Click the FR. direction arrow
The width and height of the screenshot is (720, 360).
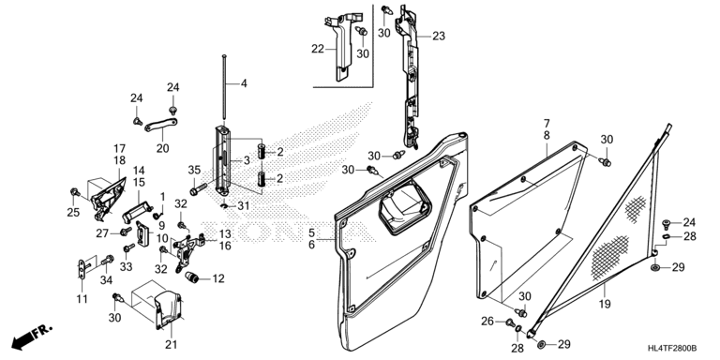(31, 337)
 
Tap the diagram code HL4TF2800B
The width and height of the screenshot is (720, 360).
(672, 349)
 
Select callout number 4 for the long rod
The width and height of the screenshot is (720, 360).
(244, 83)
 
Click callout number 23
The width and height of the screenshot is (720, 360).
(439, 36)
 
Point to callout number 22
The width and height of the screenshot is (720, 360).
(318, 49)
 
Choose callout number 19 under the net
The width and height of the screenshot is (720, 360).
(605, 304)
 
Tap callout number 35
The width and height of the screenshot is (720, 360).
(194, 170)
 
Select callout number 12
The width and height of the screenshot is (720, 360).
(218, 278)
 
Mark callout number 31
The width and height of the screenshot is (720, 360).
(244, 206)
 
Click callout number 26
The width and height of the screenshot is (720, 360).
(487, 322)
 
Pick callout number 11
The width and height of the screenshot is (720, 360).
(82, 299)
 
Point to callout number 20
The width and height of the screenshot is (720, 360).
(162, 148)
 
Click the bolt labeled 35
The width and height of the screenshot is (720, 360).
(199, 188)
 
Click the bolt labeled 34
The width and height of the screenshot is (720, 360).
(109, 260)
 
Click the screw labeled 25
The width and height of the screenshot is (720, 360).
(74, 191)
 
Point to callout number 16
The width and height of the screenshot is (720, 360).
(225, 246)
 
